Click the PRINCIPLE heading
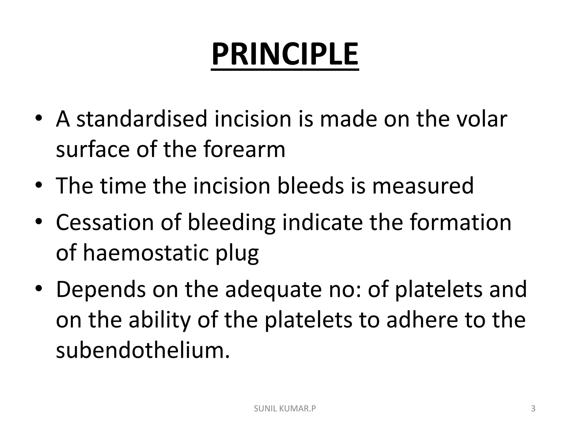click(x=285, y=54)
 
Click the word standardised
click(x=142, y=119)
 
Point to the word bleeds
click(x=311, y=186)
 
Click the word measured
click(x=423, y=186)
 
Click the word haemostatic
click(x=146, y=253)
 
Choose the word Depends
click(x=101, y=290)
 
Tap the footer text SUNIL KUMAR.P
click(x=285, y=409)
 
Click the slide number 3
click(x=533, y=409)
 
